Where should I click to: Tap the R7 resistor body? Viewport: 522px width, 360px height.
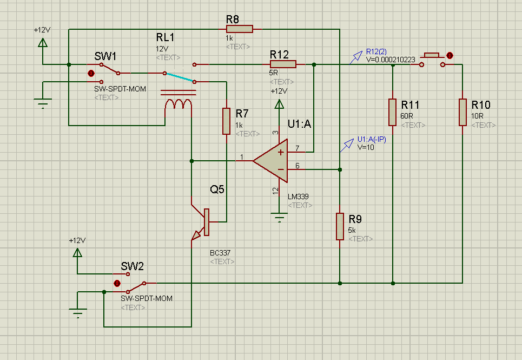227,121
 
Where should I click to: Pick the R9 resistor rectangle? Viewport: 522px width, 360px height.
340,226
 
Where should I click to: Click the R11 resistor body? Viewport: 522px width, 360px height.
393,112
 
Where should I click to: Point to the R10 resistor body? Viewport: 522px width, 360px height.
462,112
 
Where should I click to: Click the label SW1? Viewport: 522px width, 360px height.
105,56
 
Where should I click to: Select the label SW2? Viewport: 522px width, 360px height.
133,266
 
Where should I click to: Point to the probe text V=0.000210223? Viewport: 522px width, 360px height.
391,60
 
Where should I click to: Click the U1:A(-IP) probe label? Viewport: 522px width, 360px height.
372,139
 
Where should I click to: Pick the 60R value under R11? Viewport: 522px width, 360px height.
406,116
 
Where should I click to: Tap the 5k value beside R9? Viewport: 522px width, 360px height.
352,230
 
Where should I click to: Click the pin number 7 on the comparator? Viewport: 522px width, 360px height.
296,148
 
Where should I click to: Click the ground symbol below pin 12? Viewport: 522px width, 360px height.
280,219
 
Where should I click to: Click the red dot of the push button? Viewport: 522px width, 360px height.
450,55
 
